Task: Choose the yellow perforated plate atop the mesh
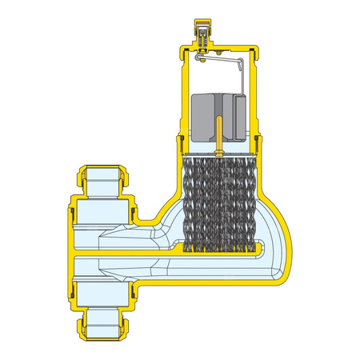pyautogui.click(x=218, y=154)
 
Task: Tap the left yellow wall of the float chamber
pyautogui.click(x=178, y=104)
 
